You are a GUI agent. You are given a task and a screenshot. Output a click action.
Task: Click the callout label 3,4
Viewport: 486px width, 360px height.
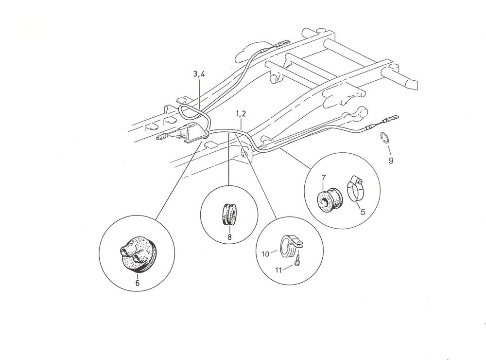199,74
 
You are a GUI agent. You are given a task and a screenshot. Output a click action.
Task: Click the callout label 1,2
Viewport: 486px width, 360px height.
241,114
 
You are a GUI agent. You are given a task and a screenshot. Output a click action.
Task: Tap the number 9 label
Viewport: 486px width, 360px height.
391,161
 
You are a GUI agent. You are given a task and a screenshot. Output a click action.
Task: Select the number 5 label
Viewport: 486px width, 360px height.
363,212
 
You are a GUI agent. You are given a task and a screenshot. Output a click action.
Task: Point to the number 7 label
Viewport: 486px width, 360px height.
324,178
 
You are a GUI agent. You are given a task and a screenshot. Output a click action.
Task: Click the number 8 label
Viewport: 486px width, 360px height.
229,237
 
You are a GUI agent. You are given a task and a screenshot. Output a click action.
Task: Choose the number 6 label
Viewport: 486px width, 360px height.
137,283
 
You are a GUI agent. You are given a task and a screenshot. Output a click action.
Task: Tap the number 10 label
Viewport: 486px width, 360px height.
266,254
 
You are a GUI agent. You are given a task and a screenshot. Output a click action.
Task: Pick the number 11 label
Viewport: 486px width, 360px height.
278,270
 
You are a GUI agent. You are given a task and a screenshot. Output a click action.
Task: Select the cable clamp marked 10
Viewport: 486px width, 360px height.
290,246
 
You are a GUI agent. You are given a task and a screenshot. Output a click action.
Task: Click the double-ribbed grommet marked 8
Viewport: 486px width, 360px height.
229,214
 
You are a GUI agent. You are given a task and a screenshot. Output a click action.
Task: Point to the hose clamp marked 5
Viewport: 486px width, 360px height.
355,188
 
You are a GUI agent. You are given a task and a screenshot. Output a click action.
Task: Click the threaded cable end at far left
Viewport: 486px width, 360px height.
163,138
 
